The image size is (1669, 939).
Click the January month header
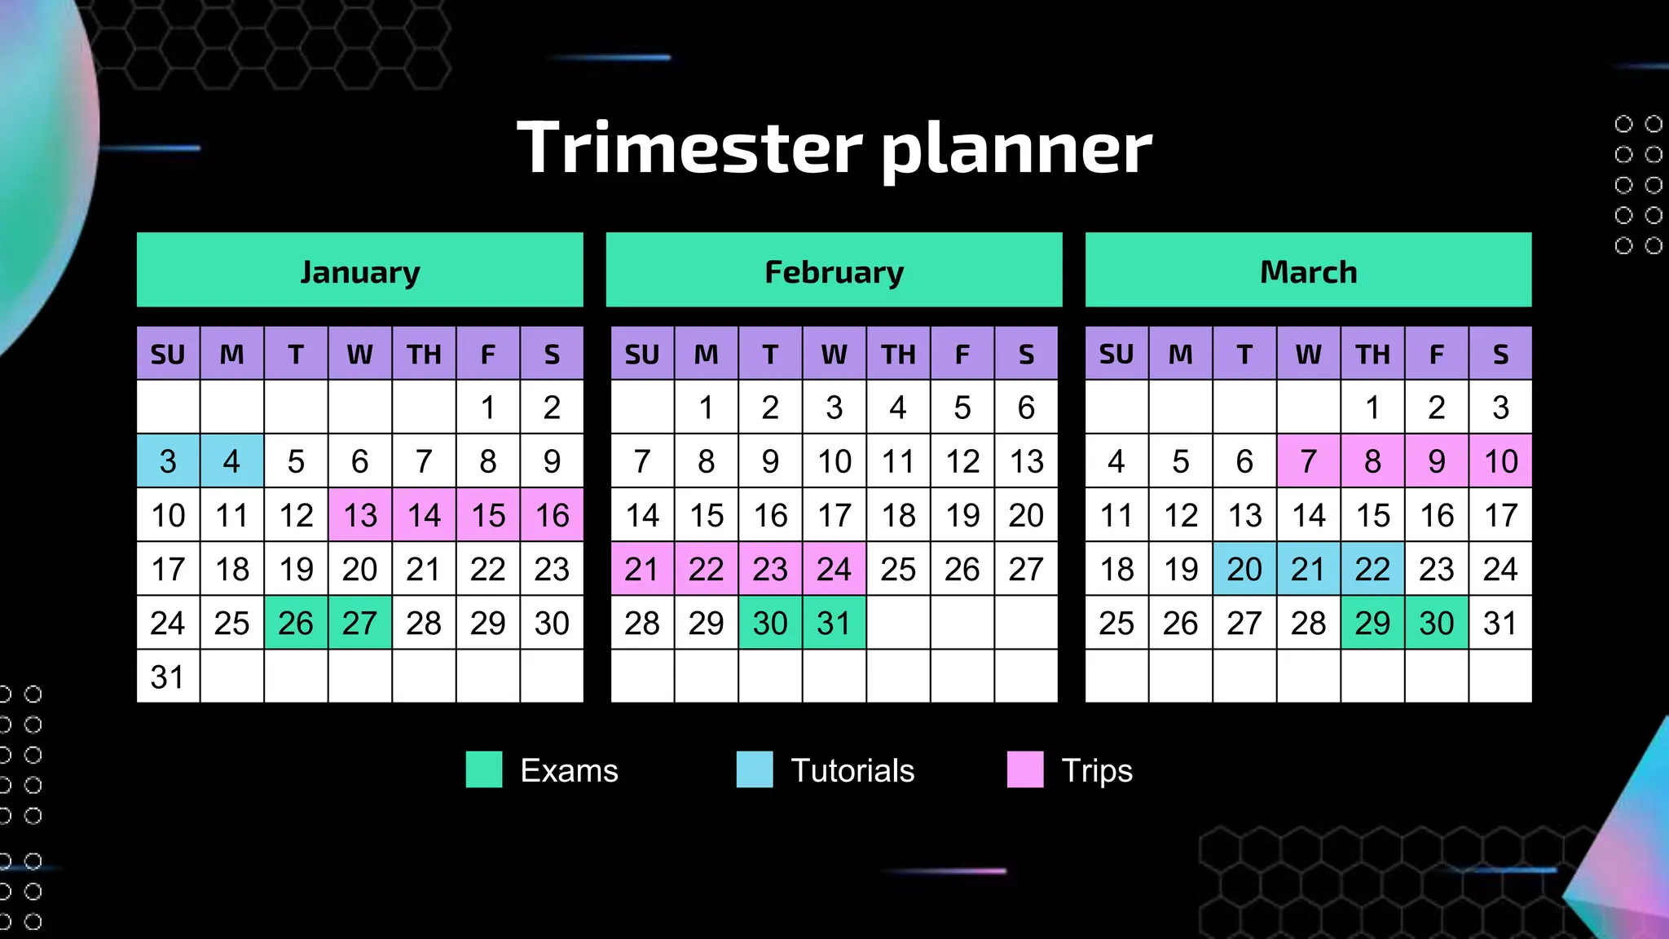tap(359, 271)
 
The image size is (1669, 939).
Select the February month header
tap(834, 271)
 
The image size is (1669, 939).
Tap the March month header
tap(1308, 271)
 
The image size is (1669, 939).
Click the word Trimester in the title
tap(689, 148)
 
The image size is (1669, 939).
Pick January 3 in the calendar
tap(168, 461)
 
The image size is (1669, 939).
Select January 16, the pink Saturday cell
tap(552, 515)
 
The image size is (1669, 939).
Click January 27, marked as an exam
tap(359, 624)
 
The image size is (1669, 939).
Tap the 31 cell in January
tap(168, 677)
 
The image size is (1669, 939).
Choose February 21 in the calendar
tap(642, 569)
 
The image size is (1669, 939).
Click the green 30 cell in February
tap(770, 624)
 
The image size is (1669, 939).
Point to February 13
tap(1026, 461)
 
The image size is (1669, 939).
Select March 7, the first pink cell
tap(1308, 461)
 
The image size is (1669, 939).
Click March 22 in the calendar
tap(1372, 569)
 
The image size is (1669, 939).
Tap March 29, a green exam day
tap(1372, 624)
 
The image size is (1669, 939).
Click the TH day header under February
tap(898, 354)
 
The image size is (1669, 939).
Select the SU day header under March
tap(1116, 354)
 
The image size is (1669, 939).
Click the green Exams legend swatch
tap(484, 769)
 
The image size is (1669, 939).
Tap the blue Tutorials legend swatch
tap(755, 769)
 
